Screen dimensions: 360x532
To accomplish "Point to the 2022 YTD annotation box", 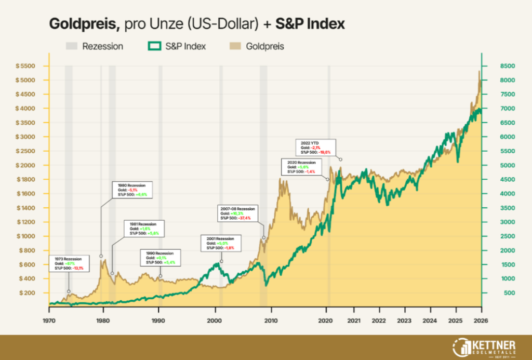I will (x=315, y=146).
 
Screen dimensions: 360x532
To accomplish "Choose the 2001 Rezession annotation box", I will (x=220, y=243).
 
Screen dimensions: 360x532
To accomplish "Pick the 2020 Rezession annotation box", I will (x=302, y=167).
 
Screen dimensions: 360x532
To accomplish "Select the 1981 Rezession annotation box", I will (x=144, y=229).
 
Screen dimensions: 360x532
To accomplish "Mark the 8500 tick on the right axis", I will (x=494, y=66).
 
